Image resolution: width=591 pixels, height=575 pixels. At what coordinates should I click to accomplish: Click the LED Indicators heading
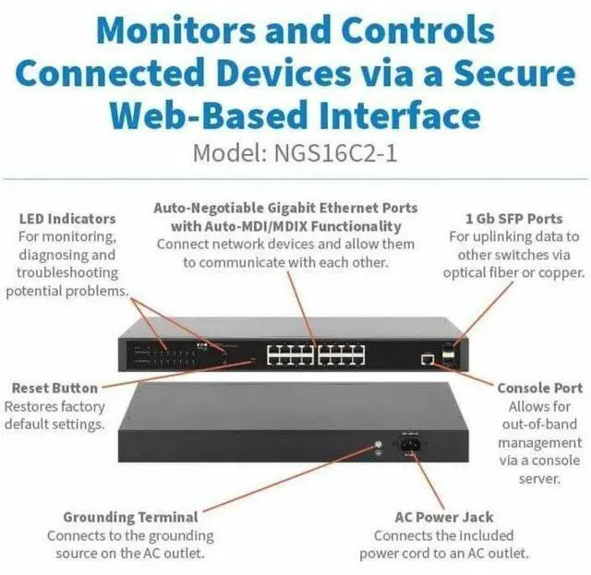[x=67, y=219]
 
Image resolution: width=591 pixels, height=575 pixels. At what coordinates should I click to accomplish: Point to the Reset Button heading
[x=54, y=388]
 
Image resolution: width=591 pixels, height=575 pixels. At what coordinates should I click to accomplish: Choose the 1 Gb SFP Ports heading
[x=515, y=219]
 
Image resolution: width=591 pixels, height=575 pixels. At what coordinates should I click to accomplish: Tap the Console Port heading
[x=539, y=388]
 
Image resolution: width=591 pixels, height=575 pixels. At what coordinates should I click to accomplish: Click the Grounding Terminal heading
[x=130, y=517]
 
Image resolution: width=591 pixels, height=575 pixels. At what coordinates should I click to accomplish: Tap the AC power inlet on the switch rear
[x=410, y=446]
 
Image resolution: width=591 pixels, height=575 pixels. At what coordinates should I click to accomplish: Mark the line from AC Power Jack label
[x=422, y=480]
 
